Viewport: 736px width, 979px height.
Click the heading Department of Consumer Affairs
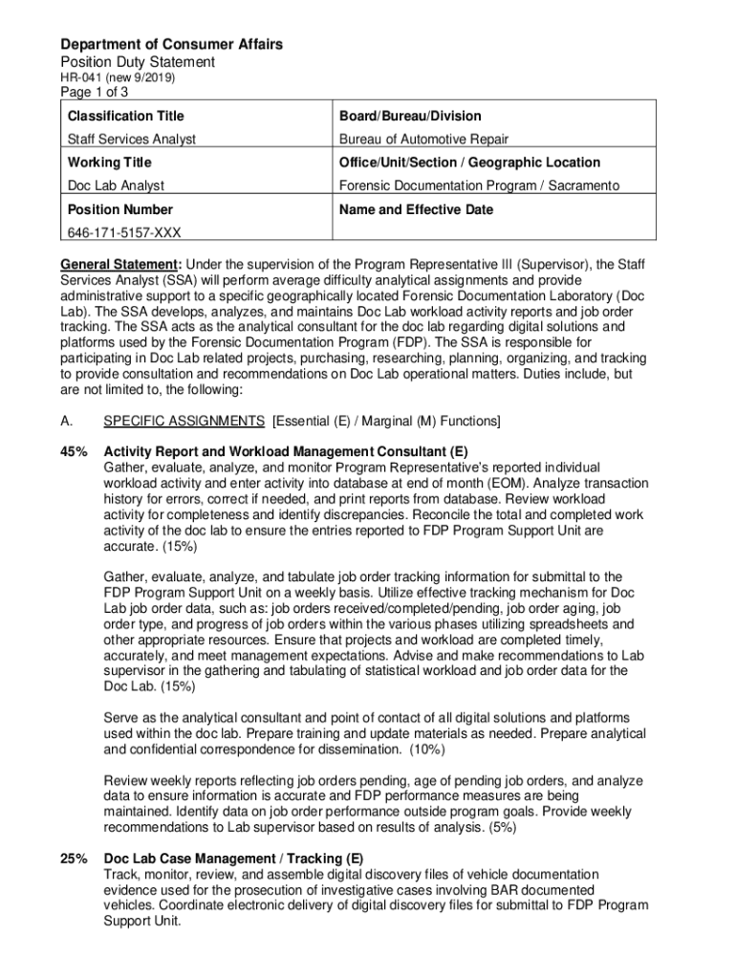point(171,45)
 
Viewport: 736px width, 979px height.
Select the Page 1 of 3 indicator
point(95,93)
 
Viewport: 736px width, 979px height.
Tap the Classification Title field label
point(125,116)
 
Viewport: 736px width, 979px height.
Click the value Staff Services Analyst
point(131,139)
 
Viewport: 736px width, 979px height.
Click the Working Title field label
point(109,163)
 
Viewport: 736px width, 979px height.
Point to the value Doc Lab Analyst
point(115,185)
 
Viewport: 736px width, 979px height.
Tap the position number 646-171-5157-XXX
point(123,232)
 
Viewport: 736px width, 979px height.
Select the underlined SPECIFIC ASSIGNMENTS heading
point(184,421)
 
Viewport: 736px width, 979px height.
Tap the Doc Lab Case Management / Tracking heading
point(233,859)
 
